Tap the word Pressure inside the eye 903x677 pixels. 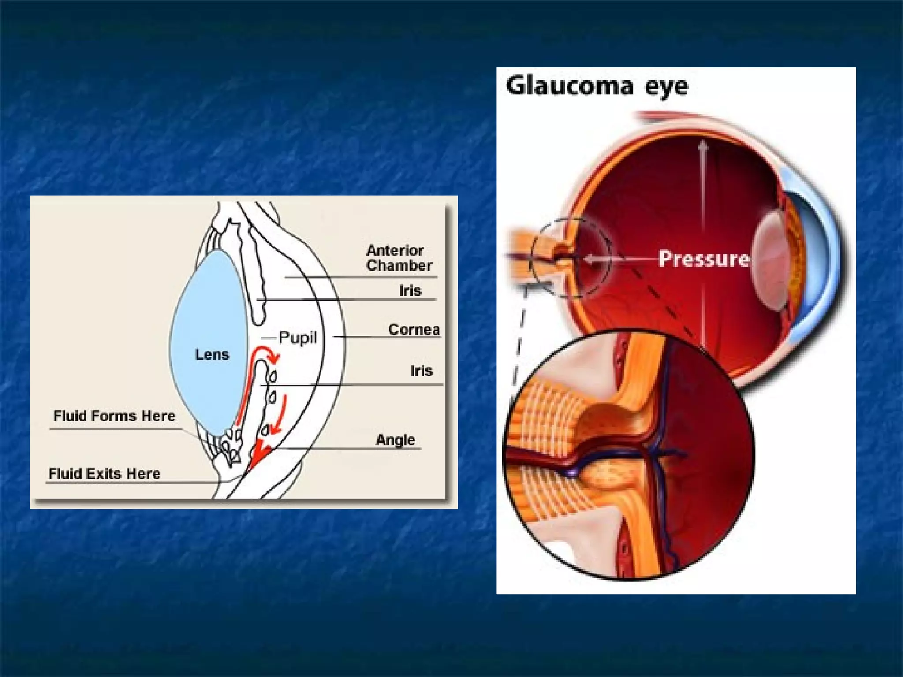point(704,259)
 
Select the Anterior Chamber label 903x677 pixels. point(399,258)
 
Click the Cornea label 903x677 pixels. point(414,329)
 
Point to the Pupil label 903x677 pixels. point(298,338)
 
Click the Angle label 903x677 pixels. point(395,439)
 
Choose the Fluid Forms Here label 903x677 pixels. point(114,416)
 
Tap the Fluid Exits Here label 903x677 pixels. point(104,473)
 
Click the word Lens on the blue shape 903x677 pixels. point(212,354)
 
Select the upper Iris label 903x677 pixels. point(410,290)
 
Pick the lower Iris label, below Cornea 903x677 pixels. point(421,371)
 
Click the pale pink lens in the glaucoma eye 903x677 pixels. point(769,260)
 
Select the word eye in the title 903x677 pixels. point(666,86)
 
